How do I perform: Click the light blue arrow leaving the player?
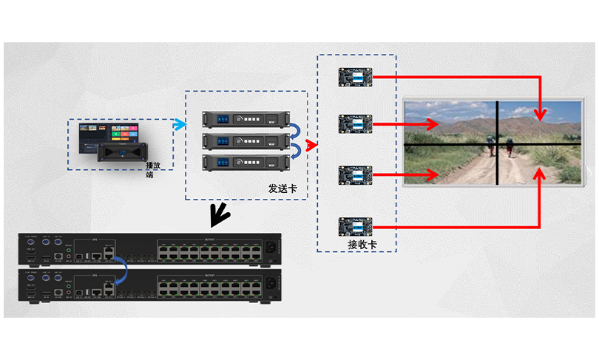click(178, 125)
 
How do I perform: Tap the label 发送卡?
click(282, 189)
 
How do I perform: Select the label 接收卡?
click(362, 244)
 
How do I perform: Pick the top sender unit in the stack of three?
click(244, 118)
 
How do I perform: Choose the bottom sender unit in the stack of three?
click(244, 161)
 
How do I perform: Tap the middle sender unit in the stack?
click(244, 140)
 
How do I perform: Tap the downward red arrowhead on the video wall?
click(541, 114)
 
